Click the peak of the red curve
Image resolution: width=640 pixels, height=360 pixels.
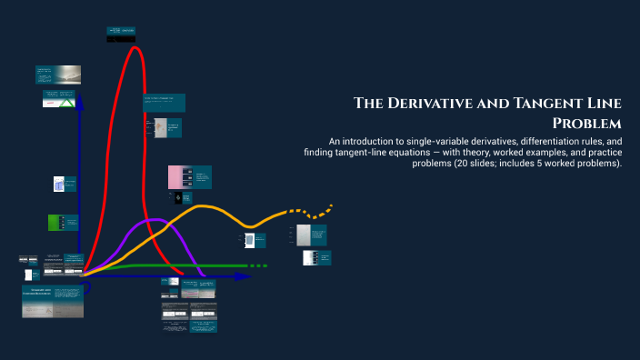135,47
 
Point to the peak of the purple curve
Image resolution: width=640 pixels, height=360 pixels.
155,219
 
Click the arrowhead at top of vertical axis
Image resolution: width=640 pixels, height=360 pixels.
79,102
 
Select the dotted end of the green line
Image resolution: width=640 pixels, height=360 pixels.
258,265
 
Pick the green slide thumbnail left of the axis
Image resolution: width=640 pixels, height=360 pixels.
56,222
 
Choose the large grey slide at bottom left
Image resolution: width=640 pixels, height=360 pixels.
52,301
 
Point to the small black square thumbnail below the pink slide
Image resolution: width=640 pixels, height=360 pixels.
178,196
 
